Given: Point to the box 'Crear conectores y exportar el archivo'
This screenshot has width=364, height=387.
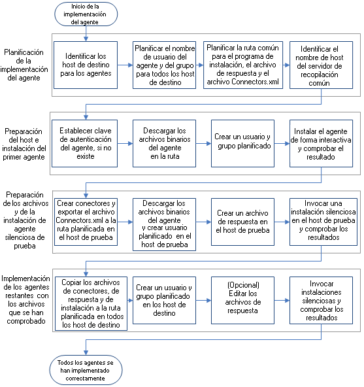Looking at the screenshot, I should [x=84, y=222].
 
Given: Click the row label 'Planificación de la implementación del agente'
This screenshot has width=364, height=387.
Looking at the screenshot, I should [x=24, y=65].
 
